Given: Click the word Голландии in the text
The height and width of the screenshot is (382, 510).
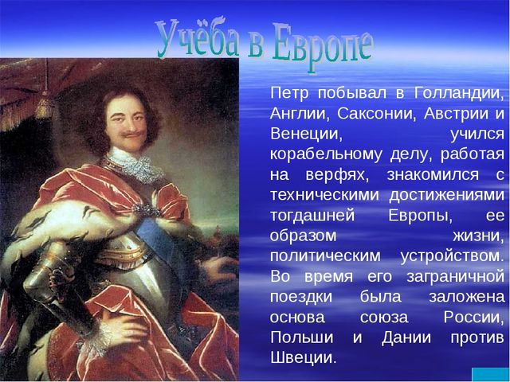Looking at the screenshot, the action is (x=459, y=94).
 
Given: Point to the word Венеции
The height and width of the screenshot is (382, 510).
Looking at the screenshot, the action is (x=306, y=134).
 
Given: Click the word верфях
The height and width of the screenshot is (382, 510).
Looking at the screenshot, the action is (x=338, y=175).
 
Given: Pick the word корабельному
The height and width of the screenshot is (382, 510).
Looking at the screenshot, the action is (x=326, y=155).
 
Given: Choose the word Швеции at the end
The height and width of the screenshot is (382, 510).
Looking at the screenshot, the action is (x=303, y=358).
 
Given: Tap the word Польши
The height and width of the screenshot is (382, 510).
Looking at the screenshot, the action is (x=302, y=337).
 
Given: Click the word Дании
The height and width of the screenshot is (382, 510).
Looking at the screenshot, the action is (x=406, y=337).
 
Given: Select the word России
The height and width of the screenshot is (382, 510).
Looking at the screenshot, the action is (x=473, y=318).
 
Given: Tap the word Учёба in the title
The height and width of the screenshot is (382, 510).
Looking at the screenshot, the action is (x=198, y=38).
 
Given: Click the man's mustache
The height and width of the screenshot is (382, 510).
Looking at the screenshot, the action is (x=131, y=134).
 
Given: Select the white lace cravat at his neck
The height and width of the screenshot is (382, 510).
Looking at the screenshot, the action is (x=136, y=166).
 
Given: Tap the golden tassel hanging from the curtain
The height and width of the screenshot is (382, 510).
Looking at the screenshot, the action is (x=45, y=107).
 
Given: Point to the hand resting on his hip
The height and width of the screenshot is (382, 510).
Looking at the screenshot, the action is (x=122, y=328).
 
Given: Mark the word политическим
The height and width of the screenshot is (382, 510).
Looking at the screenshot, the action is (x=325, y=256).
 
